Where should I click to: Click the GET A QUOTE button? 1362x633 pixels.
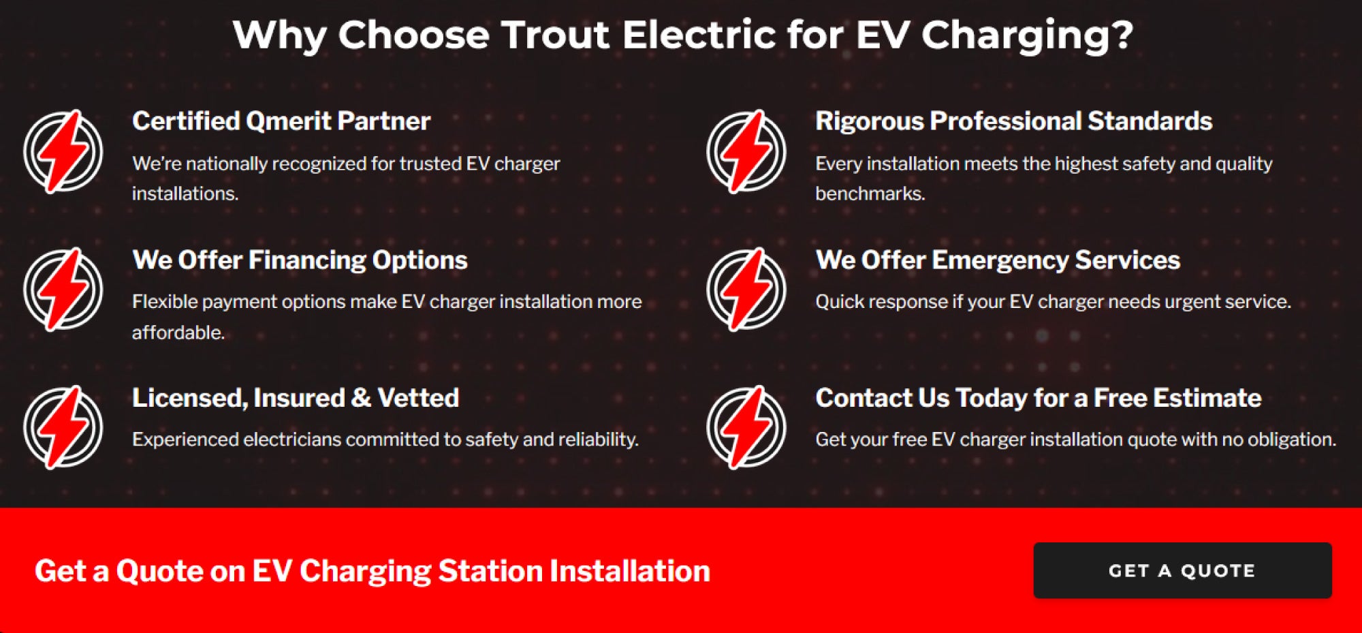(x=1182, y=570)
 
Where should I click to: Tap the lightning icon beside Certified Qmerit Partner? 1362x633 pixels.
(x=63, y=151)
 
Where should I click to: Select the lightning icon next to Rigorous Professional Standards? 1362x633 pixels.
(x=746, y=151)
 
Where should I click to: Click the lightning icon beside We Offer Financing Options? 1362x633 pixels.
(x=63, y=290)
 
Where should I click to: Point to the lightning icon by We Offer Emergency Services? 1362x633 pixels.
(x=746, y=290)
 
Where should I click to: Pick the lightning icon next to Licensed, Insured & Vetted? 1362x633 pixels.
(x=63, y=427)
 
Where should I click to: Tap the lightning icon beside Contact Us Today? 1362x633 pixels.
(x=746, y=427)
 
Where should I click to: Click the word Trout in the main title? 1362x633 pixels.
(x=555, y=35)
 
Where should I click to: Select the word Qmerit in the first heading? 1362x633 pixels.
(x=289, y=121)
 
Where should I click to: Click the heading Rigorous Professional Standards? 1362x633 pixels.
(x=1013, y=121)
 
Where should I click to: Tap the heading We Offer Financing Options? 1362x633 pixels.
(x=300, y=260)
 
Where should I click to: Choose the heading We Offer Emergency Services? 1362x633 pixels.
(x=998, y=260)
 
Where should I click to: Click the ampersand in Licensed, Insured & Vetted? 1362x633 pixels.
(x=361, y=398)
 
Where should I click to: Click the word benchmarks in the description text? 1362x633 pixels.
(x=870, y=194)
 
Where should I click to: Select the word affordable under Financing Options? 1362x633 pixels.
(x=178, y=333)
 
